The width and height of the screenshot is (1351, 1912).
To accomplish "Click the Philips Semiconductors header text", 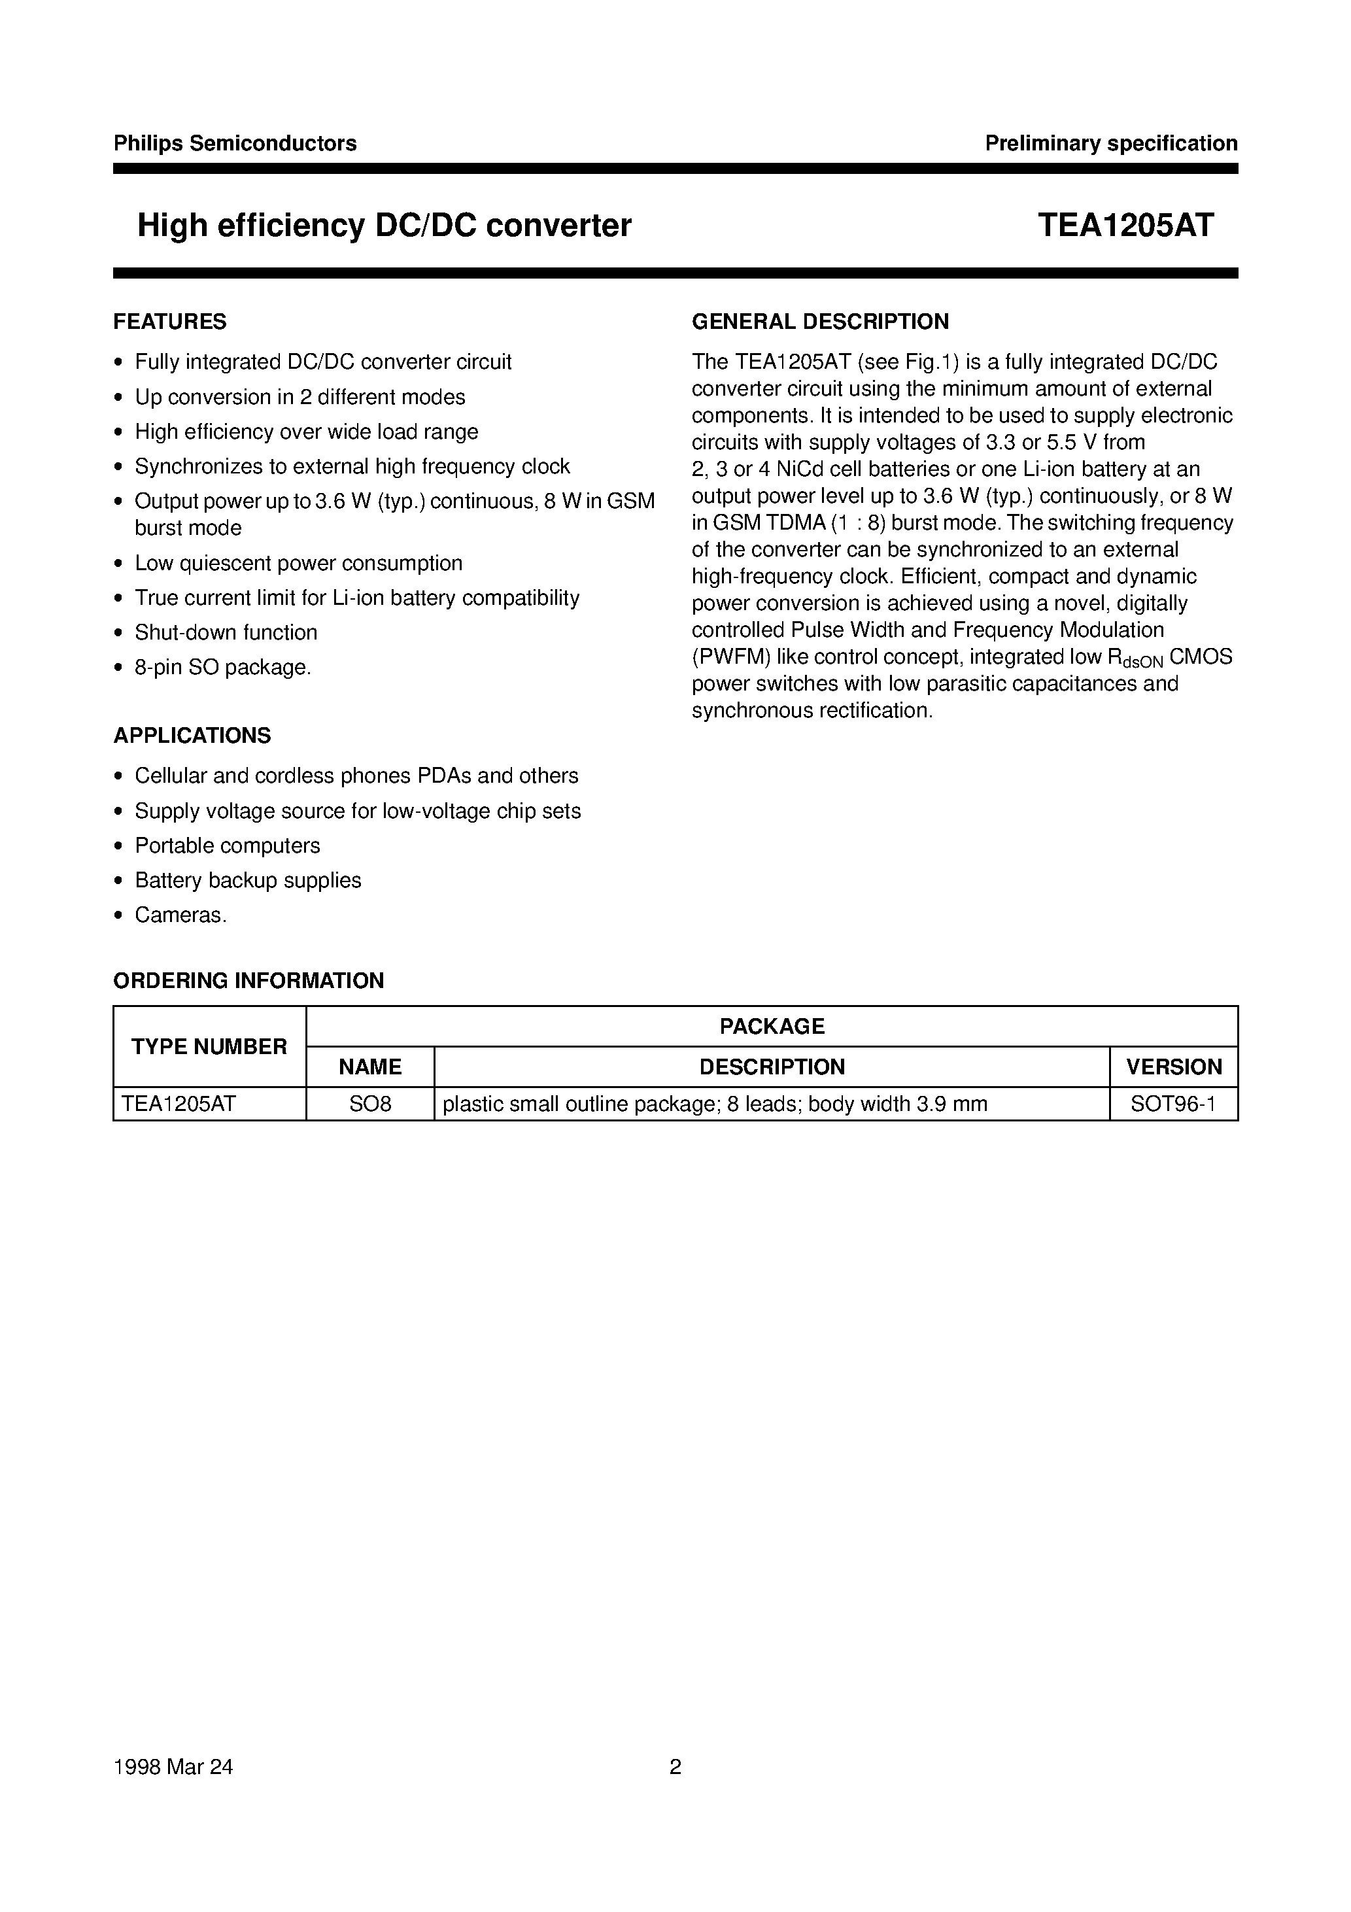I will (235, 143).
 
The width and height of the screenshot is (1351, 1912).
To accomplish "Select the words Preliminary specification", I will (1110, 143).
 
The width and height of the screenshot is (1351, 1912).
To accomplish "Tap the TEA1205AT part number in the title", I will (1125, 225).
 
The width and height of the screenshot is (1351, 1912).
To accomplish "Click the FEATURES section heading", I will (170, 322).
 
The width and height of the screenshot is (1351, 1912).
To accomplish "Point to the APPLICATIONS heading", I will (192, 736).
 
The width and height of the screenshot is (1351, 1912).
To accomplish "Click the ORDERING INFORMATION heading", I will (248, 980).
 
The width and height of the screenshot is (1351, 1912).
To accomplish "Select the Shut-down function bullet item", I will (226, 632).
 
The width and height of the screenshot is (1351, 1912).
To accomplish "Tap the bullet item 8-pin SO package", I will (222, 667).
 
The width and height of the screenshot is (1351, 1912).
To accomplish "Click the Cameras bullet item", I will (180, 915).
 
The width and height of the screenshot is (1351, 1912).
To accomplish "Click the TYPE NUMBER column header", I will (209, 1047).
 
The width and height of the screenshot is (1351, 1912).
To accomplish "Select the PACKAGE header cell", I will (771, 1026).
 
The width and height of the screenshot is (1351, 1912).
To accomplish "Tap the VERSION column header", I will (1174, 1067).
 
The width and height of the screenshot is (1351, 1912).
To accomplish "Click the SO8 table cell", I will (370, 1104).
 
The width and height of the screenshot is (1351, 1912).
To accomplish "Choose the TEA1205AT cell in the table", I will (179, 1104).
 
